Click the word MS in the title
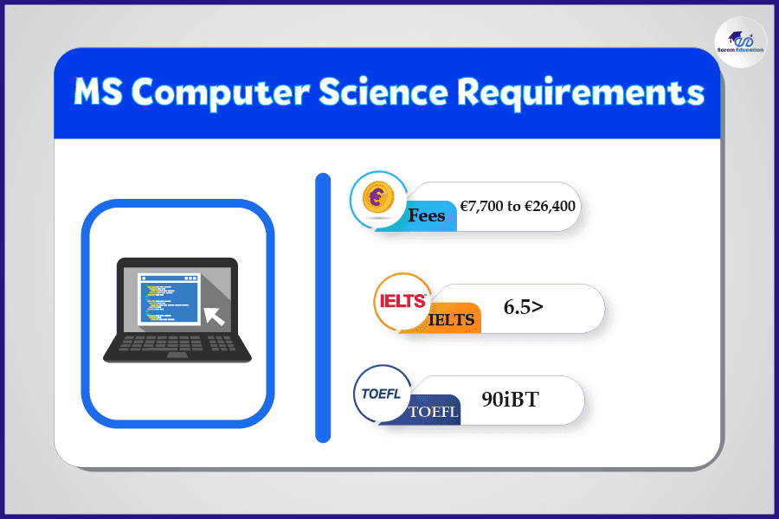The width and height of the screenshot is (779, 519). pyautogui.click(x=98, y=92)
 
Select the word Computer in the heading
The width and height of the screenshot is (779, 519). pyautogui.click(x=221, y=94)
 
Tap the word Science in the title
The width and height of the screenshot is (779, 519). pyautogui.click(x=383, y=92)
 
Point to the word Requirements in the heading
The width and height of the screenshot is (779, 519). pyautogui.click(x=580, y=94)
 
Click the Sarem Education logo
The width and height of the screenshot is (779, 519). pyautogui.click(x=740, y=42)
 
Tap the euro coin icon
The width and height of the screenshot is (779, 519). pyautogui.click(x=378, y=197)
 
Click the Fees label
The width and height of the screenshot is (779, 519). pyautogui.click(x=426, y=215)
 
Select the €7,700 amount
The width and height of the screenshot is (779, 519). pyautogui.click(x=481, y=206)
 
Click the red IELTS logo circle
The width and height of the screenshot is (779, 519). pyautogui.click(x=402, y=301)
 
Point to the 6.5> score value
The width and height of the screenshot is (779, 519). pyautogui.click(x=523, y=307)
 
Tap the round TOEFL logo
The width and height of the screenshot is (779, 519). pyautogui.click(x=382, y=394)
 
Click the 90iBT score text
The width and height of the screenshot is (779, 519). pyautogui.click(x=510, y=400)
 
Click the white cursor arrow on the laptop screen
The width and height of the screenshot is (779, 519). pyautogui.click(x=215, y=316)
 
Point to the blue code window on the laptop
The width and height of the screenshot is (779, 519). pyautogui.click(x=170, y=298)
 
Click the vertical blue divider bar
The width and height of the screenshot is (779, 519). pyautogui.click(x=323, y=307)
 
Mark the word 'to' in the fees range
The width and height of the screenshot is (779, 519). pyautogui.click(x=513, y=207)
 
